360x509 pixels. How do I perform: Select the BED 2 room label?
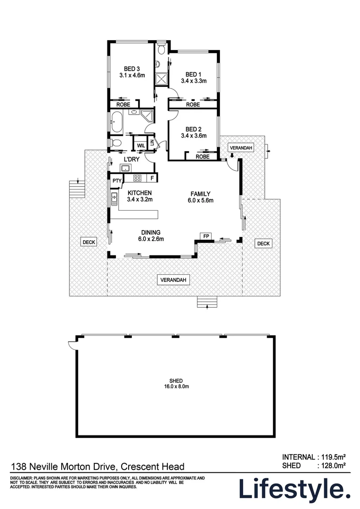click(193, 129)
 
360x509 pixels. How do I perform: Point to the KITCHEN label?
click(139, 193)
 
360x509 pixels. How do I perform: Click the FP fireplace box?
click(206, 235)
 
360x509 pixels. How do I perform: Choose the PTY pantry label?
click(116, 181)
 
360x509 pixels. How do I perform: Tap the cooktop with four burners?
click(138, 178)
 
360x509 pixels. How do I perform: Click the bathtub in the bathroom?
click(116, 122)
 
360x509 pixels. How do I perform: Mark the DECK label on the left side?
click(89, 242)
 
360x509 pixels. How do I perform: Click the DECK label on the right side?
click(263, 243)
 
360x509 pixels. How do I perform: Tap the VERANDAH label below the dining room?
click(174, 280)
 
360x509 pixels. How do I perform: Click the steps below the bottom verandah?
click(207, 302)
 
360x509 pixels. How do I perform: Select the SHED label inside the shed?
click(176, 380)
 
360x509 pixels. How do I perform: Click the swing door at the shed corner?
click(72, 345)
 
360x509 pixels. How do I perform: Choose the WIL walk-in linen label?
click(140, 146)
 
